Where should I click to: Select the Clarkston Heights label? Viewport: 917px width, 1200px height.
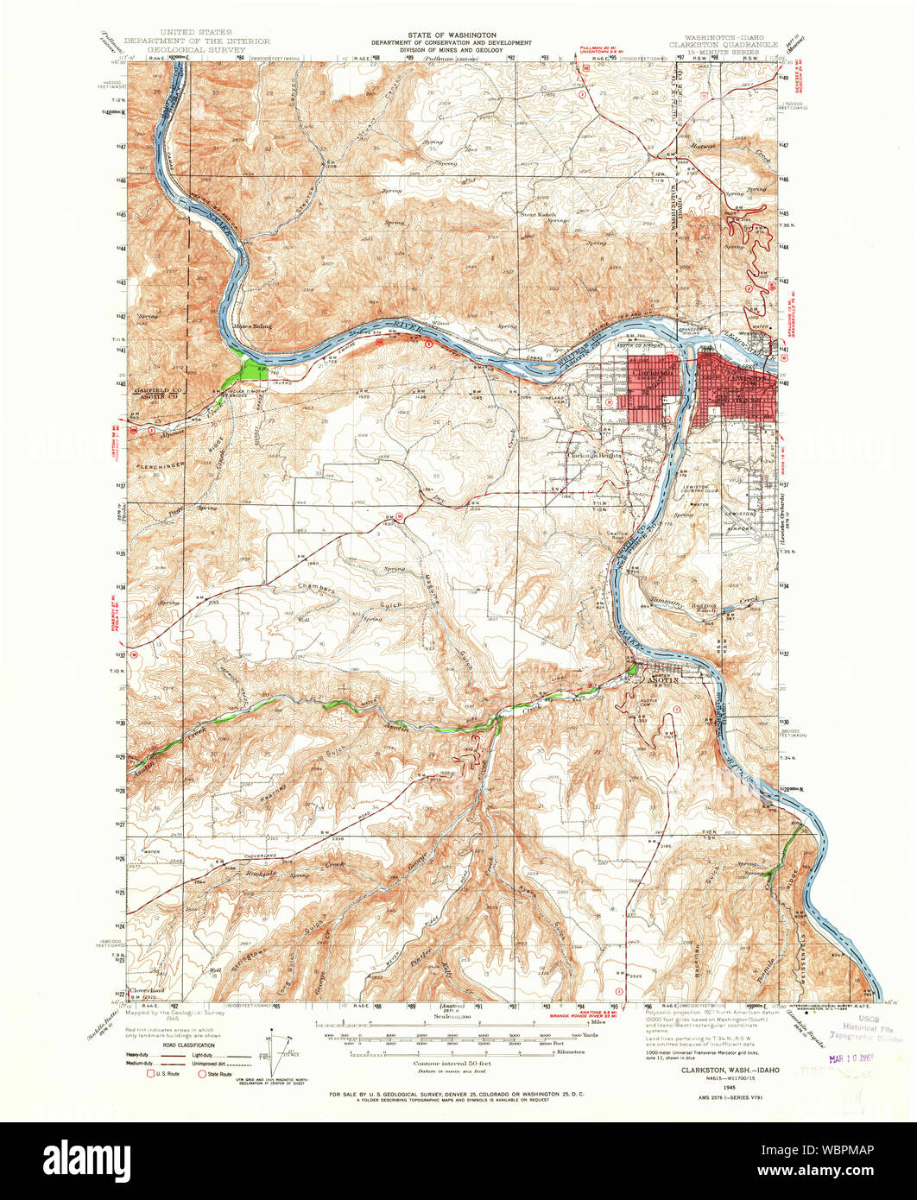coord(595,455)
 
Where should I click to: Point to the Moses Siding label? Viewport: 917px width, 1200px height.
coord(252,326)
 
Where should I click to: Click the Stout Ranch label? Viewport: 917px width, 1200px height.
coord(539,214)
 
